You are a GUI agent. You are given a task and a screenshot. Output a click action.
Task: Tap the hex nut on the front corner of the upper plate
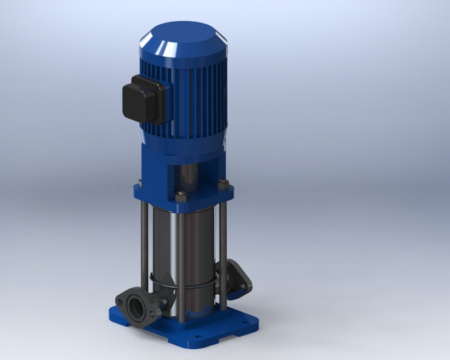coord(181,195)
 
